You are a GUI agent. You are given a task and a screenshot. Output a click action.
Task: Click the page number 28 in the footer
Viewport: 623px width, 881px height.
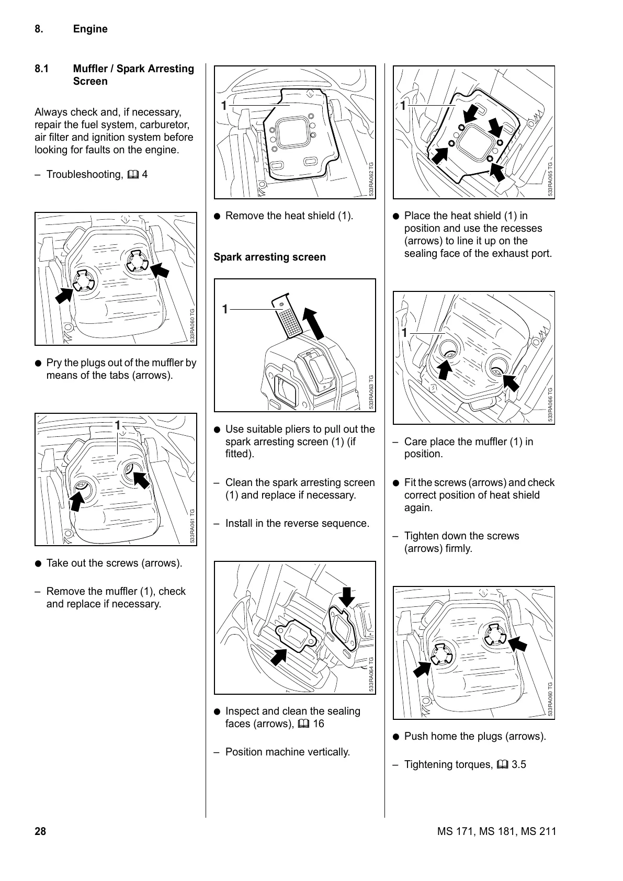point(40,831)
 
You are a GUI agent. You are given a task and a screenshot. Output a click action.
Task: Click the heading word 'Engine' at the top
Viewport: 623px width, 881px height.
point(90,29)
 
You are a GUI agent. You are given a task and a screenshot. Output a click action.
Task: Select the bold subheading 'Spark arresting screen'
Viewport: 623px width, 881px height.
point(269,257)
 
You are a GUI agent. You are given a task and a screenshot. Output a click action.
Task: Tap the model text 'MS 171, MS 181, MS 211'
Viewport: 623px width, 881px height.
point(496,831)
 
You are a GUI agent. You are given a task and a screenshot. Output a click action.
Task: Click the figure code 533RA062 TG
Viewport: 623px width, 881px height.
point(371,179)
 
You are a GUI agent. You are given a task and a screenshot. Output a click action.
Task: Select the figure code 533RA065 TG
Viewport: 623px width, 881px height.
point(550,179)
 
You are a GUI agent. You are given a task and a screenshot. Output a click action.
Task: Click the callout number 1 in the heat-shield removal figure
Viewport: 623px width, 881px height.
point(224,105)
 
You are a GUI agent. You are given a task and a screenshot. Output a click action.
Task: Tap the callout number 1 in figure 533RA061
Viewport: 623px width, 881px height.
point(118,424)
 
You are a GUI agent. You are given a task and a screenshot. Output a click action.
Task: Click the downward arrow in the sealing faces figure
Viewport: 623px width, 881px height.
point(346,596)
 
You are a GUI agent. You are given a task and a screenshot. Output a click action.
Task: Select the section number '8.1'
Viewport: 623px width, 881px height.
point(42,69)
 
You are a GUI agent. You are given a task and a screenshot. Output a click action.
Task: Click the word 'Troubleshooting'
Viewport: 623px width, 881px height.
point(84,175)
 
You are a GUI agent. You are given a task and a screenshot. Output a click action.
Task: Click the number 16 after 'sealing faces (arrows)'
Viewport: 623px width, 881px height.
point(319,724)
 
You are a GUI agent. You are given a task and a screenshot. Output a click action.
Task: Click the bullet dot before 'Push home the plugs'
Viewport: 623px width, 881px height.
point(397,737)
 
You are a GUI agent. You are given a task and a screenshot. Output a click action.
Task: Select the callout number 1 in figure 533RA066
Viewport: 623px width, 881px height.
point(404,333)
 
